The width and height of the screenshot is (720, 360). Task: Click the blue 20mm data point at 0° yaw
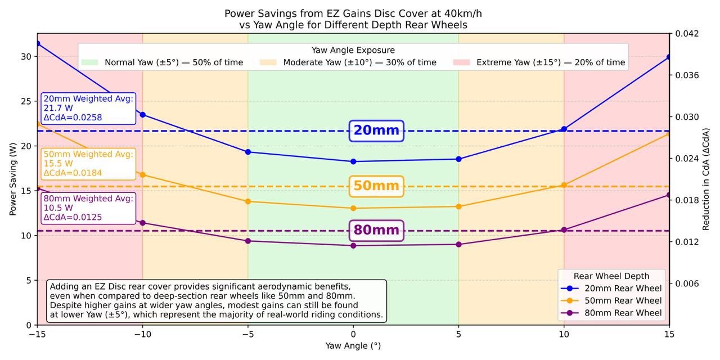coord(353,161)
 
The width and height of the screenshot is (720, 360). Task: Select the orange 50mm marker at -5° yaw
coord(248,201)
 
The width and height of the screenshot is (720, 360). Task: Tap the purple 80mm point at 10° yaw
coord(564,229)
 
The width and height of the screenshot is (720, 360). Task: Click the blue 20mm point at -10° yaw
coord(143,115)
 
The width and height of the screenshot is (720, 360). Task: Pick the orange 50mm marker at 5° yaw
coord(458,206)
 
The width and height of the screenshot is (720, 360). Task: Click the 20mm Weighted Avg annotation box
coord(88,108)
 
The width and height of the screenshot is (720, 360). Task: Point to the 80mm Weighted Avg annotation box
coord(88,208)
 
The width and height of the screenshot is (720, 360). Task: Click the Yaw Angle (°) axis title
coord(353,345)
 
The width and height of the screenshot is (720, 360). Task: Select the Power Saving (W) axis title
coord(12,179)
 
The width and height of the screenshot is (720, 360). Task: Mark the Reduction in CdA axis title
coord(706,179)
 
